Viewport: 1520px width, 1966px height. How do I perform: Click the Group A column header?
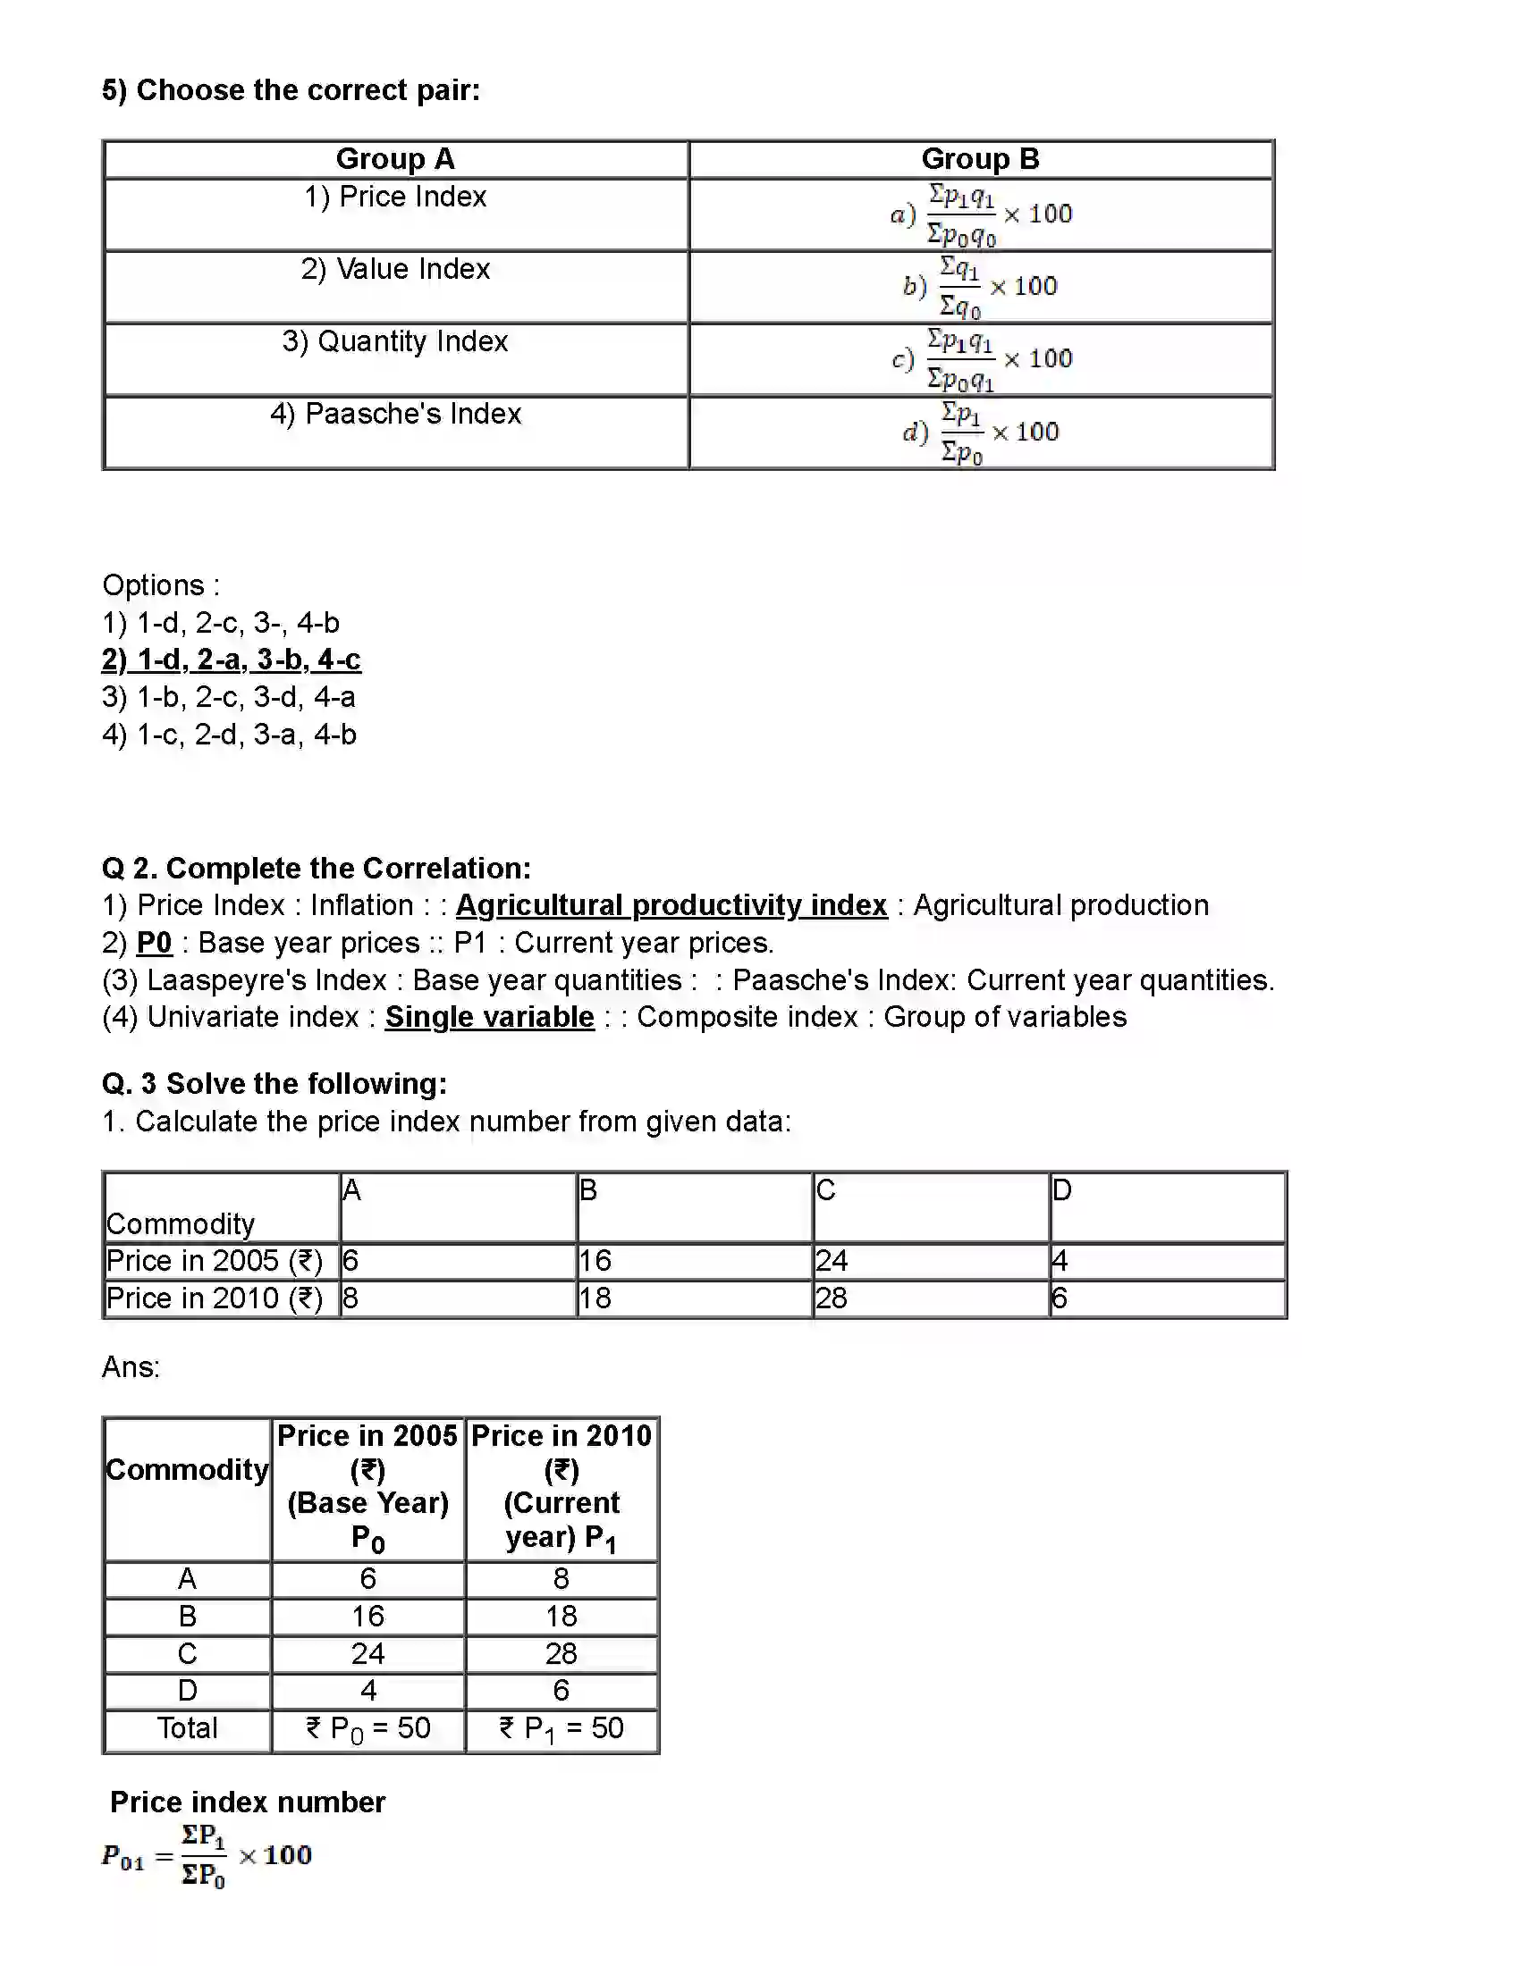coord(395,159)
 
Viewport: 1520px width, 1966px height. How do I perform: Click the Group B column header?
coord(980,159)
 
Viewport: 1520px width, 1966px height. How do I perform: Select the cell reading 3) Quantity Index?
coord(395,342)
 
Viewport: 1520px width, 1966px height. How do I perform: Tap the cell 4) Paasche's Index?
coord(395,414)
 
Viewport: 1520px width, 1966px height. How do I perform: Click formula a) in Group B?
coord(981,215)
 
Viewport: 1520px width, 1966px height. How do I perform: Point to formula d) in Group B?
coord(981,433)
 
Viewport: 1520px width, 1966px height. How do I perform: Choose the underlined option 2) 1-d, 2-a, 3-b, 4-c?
coord(232,660)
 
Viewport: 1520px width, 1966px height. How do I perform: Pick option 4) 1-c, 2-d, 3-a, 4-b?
coord(230,735)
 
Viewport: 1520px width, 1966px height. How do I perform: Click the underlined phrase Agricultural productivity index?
coord(671,904)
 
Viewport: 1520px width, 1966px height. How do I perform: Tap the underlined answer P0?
coord(154,943)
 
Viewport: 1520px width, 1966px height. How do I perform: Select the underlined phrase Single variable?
coord(490,1017)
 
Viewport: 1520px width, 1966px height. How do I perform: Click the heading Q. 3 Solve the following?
coord(274,1083)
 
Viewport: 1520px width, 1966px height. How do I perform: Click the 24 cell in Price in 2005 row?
coord(833,1261)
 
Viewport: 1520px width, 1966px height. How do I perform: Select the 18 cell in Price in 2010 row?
coord(595,1298)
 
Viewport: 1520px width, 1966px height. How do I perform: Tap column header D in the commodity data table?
coord(1062,1191)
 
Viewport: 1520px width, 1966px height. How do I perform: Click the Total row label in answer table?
coord(187,1728)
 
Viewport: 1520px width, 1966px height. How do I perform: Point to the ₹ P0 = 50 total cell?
coord(368,1728)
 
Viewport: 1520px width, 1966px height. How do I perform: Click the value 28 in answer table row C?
coord(561,1653)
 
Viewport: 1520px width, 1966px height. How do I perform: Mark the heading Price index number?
coord(248,1802)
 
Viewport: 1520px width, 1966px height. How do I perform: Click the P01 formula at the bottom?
coord(207,1856)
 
